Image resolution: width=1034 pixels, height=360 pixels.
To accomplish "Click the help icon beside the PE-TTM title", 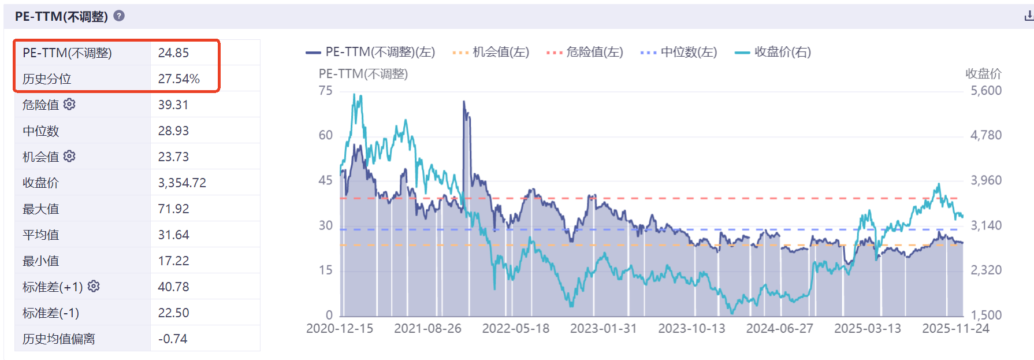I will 119,16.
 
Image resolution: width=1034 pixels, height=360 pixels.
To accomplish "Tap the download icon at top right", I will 1028,16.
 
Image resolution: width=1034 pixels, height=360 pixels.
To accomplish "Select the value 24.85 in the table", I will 173,53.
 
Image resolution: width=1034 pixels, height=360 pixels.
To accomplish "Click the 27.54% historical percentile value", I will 178,79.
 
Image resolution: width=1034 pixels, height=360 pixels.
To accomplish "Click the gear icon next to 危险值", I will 69,104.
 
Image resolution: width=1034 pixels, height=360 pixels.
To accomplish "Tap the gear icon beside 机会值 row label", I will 69,156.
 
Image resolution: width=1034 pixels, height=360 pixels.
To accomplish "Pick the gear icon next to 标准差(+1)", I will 94,286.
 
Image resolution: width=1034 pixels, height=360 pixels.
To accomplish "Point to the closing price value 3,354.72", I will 182,183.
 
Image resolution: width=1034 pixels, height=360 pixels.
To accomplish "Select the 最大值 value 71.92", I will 173,209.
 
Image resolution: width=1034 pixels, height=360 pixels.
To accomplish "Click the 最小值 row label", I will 40,261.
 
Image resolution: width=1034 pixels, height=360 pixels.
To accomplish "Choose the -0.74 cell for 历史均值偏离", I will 173,339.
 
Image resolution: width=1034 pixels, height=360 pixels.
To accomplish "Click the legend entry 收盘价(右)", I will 773,52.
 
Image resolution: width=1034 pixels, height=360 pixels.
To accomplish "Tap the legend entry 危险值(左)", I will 585,52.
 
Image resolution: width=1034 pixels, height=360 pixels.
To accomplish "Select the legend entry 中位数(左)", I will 679,52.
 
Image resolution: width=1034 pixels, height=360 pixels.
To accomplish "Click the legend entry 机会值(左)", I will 491,52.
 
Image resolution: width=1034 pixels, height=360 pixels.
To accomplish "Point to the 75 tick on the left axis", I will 325,91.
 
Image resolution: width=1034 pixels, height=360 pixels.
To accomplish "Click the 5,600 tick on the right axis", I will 986,91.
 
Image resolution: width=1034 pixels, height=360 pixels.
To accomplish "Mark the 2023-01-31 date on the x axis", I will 603,328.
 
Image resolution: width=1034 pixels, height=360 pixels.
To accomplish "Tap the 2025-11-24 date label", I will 955,328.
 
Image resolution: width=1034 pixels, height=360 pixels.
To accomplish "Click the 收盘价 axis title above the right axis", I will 983,73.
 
